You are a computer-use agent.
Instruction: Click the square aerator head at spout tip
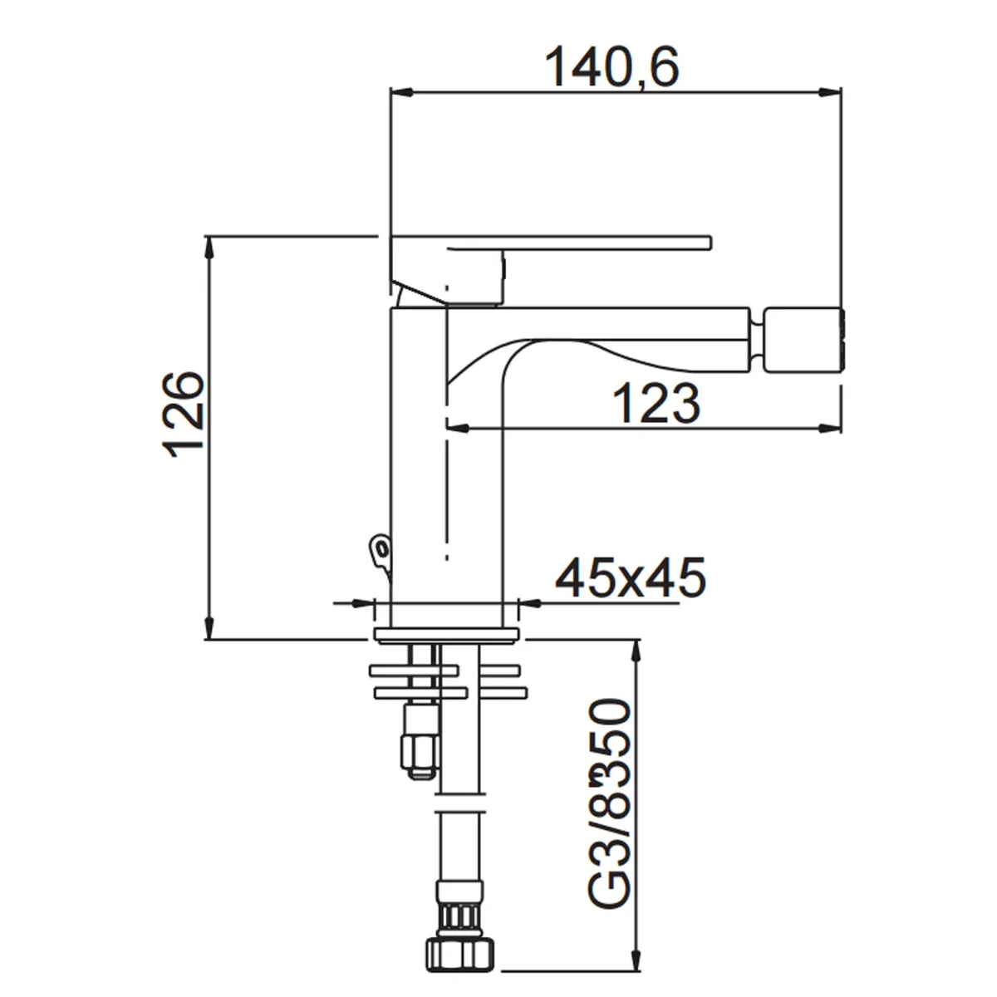(x=803, y=341)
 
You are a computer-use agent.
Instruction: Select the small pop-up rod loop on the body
(x=381, y=548)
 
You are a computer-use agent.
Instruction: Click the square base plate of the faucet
(x=447, y=636)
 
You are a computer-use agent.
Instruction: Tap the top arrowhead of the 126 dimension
(x=209, y=247)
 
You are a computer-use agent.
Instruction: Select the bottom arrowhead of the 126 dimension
(x=209, y=629)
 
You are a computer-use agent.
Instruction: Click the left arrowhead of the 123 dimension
(x=458, y=429)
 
